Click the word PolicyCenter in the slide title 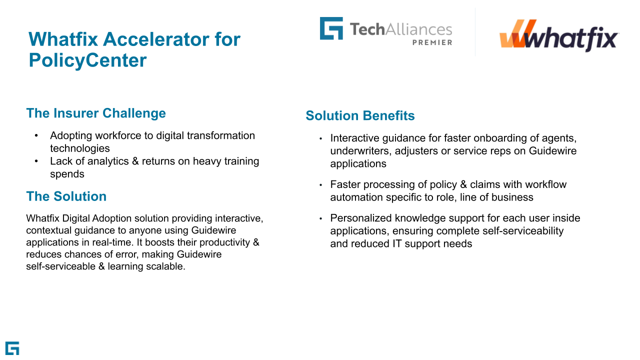(87, 60)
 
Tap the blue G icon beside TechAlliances (331, 28)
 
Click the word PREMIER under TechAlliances (432, 42)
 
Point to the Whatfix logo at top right (559, 35)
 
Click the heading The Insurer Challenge (96, 113)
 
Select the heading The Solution (66, 196)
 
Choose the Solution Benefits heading (360, 115)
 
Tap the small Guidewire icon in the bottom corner (12, 348)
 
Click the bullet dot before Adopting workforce (36, 136)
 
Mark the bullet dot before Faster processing (321, 185)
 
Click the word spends (67, 174)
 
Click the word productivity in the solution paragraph (218, 242)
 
